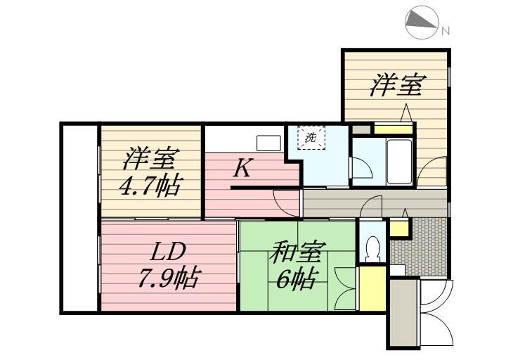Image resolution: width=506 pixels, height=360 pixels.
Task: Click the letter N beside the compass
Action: (445, 30)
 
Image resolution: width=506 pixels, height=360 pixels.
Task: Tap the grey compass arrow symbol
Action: (422, 22)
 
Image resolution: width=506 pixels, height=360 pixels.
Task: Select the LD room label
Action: (168, 251)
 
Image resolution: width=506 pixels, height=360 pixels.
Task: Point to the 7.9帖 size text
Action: (168, 279)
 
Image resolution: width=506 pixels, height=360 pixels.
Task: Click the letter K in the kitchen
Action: (242, 169)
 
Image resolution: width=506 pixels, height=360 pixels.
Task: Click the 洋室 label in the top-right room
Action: (397, 86)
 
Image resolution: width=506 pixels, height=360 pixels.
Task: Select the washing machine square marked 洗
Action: (310, 137)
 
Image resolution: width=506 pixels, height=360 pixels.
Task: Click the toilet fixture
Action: (373, 247)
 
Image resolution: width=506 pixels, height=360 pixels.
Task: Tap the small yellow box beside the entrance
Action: (398, 228)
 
